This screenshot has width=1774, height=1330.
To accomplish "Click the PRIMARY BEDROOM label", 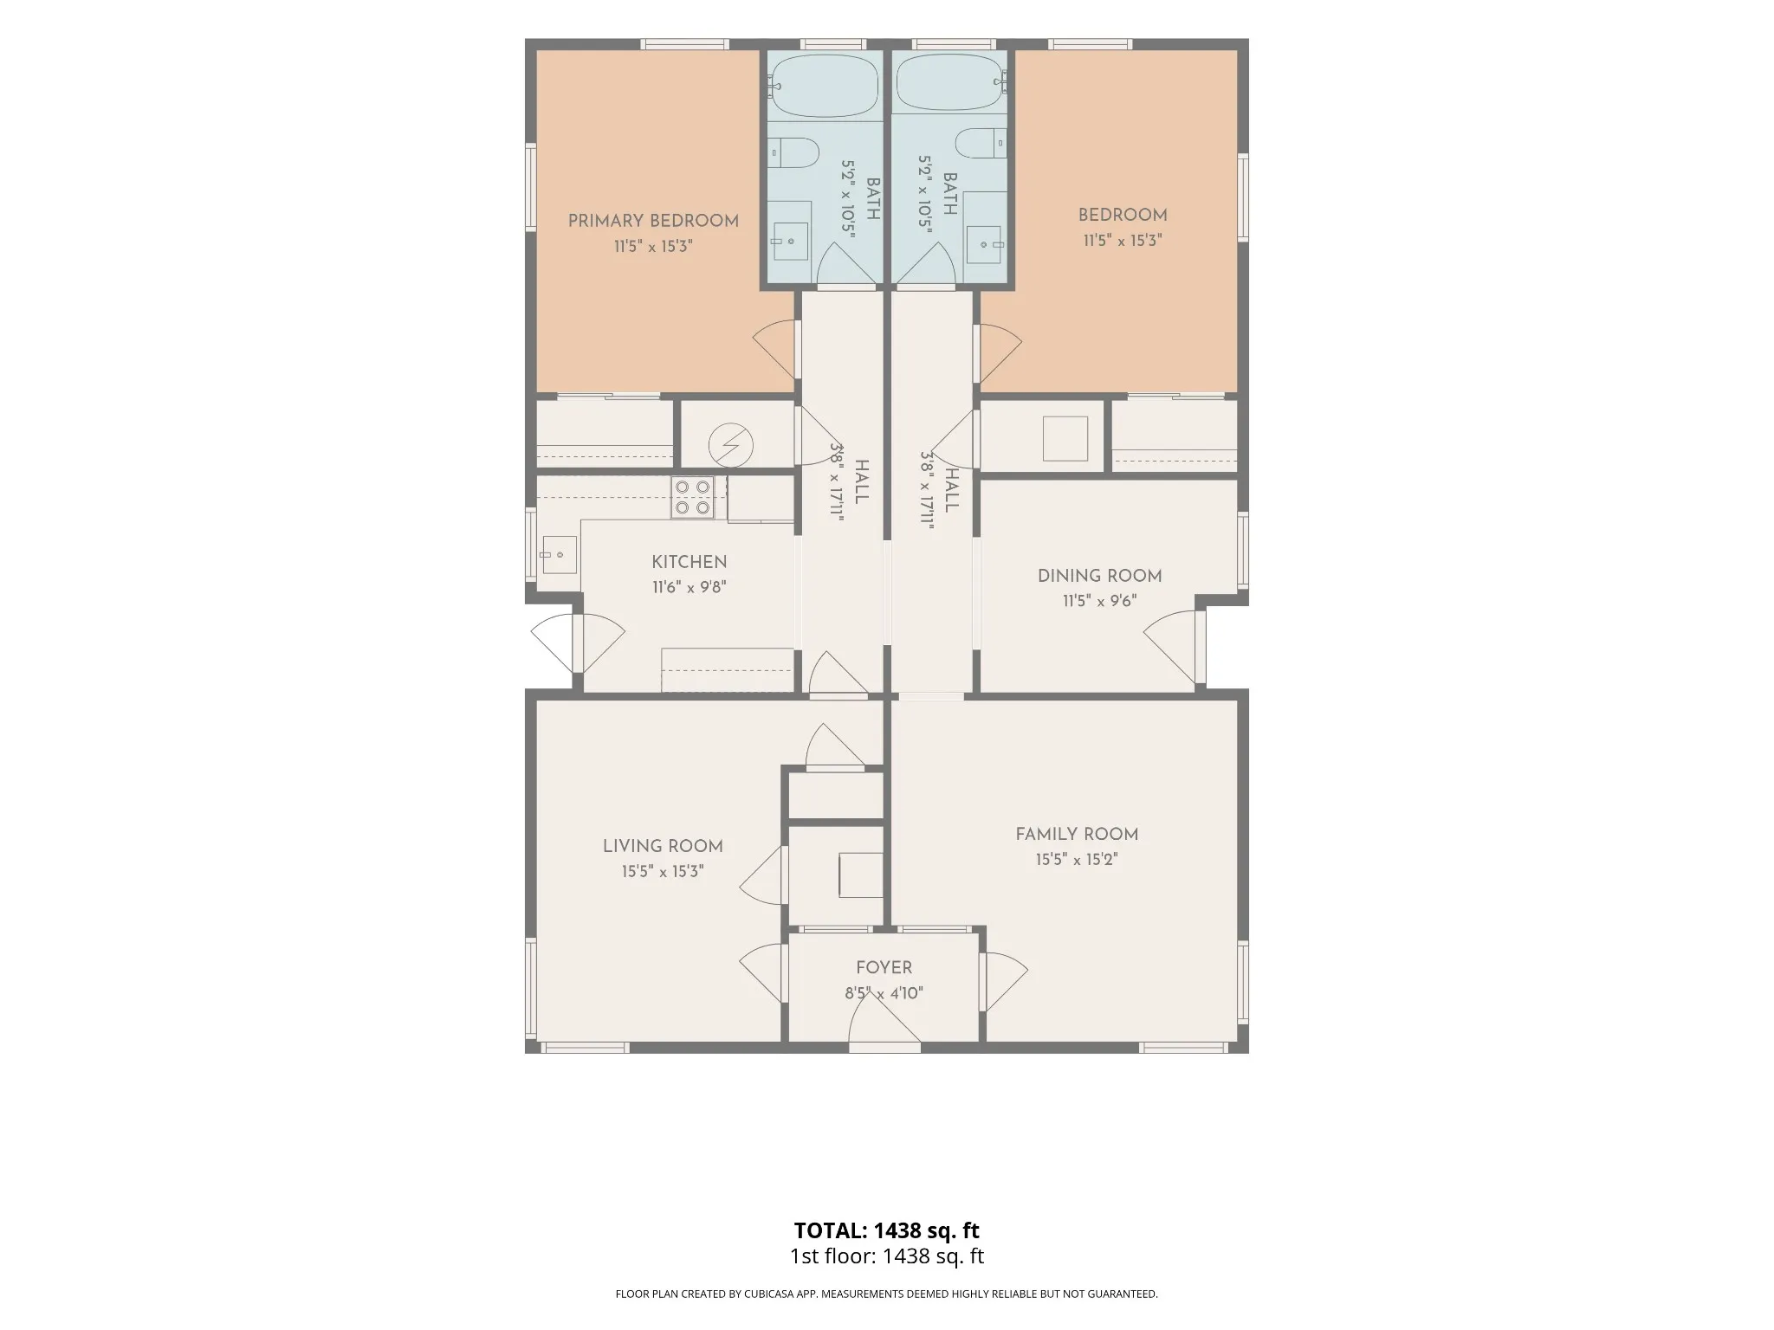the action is [x=653, y=221].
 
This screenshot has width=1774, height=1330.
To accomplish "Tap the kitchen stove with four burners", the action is [x=693, y=497].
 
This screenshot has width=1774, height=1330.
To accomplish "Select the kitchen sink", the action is [x=559, y=554].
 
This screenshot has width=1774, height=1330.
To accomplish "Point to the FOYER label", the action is [x=884, y=967].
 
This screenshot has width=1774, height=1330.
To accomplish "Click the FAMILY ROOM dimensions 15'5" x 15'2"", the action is [x=1077, y=860].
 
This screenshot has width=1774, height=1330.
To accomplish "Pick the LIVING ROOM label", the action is [x=663, y=846].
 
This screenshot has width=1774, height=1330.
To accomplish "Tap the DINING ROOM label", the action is [x=1100, y=576].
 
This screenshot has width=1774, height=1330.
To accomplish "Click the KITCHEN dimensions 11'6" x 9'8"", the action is [x=690, y=587].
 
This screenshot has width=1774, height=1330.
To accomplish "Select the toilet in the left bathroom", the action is [x=794, y=153].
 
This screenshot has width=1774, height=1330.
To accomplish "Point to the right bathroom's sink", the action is [x=985, y=243].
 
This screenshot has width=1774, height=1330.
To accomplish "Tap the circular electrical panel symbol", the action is [x=730, y=445].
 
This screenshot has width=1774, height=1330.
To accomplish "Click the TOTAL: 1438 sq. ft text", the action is [x=886, y=1230].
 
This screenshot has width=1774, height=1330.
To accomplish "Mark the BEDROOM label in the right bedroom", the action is [x=1123, y=215].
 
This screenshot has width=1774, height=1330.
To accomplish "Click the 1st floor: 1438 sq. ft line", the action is [x=886, y=1256].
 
